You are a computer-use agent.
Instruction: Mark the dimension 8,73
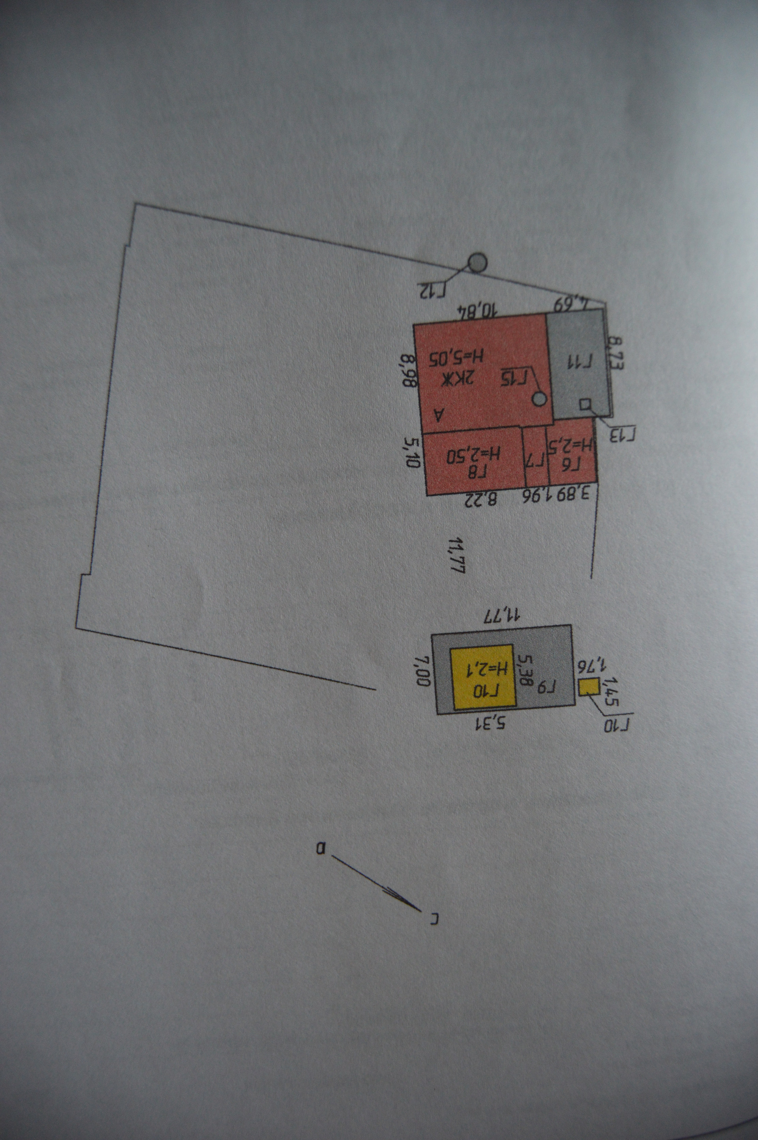coord(616,354)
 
